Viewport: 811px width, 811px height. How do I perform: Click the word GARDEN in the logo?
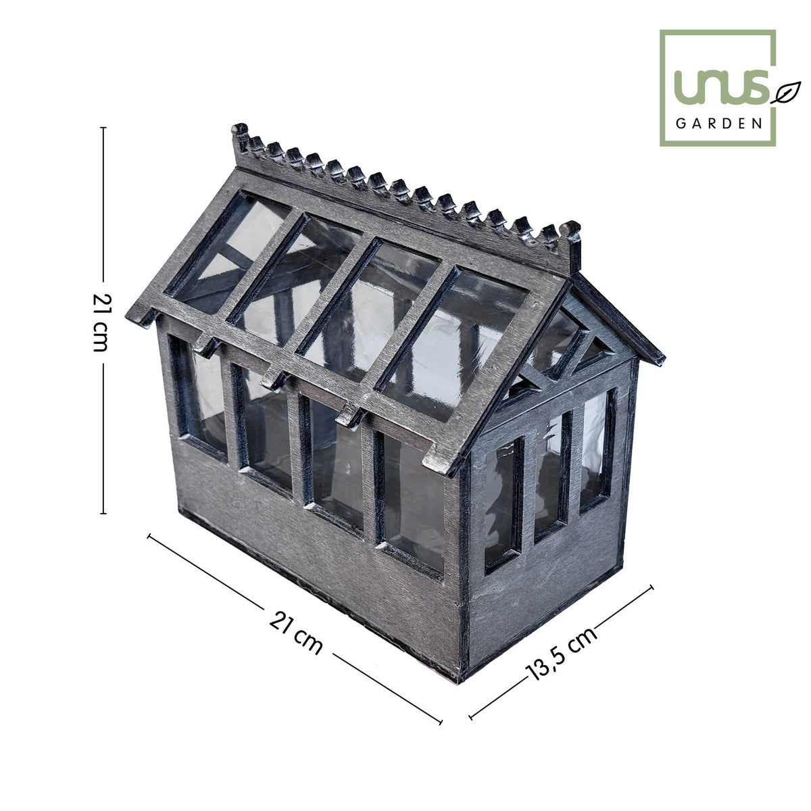(x=719, y=123)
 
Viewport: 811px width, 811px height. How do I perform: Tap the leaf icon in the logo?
(x=785, y=92)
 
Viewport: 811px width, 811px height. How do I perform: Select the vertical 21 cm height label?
(x=101, y=322)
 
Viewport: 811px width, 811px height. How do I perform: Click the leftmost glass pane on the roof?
(x=227, y=253)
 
